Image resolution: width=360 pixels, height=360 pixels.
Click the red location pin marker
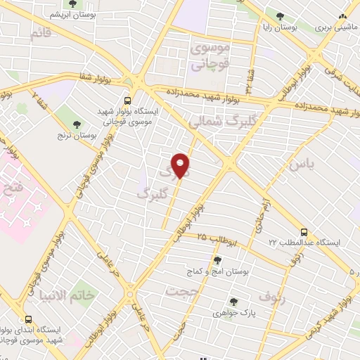click(x=181, y=165)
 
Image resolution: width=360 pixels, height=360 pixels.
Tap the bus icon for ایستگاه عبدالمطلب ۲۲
click(x=304, y=231)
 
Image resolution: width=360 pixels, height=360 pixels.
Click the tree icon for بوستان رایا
click(x=281, y=15)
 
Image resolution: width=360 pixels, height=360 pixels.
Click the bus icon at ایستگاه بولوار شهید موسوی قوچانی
click(x=127, y=101)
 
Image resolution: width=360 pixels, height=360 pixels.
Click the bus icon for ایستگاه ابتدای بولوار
click(x=28, y=319)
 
